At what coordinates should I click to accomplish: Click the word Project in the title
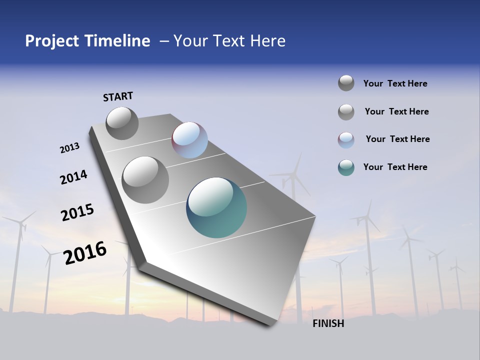pyautogui.click(x=50, y=41)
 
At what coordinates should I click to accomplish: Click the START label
pyautogui.click(x=118, y=96)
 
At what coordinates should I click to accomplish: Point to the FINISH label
pyautogui.click(x=328, y=323)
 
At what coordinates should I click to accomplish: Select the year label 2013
pyautogui.click(x=70, y=148)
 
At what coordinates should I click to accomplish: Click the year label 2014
pyautogui.click(x=73, y=177)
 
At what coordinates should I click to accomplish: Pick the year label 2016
pyautogui.click(x=85, y=253)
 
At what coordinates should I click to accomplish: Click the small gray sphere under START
pyautogui.click(x=122, y=123)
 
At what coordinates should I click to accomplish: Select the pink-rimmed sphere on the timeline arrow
pyautogui.click(x=189, y=140)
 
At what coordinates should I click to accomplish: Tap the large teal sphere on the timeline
pyautogui.click(x=216, y=207)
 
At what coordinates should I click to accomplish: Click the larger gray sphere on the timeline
pyautogui.click(x=145, y=180)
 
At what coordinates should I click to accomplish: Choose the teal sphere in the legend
pyautogui.click(x=346, y=167)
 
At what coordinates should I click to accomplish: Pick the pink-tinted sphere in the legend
pyautogui.click(x=346, y=140)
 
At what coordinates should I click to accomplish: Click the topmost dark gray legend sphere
pyautogui.click(x=346, y=83)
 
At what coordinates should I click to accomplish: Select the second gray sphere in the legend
pyautogui.click(x=346, y=112)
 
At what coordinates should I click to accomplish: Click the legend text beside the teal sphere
pyautogui.click(x=395, y=167)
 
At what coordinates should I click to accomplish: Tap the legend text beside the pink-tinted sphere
pyautogui.click(x=397, y=139)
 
